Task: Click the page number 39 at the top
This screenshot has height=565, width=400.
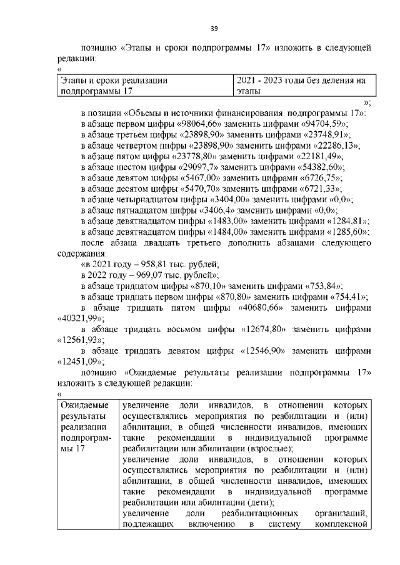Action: (x=213, y=29)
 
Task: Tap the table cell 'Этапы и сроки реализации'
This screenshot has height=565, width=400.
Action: (x=114, y=81)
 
